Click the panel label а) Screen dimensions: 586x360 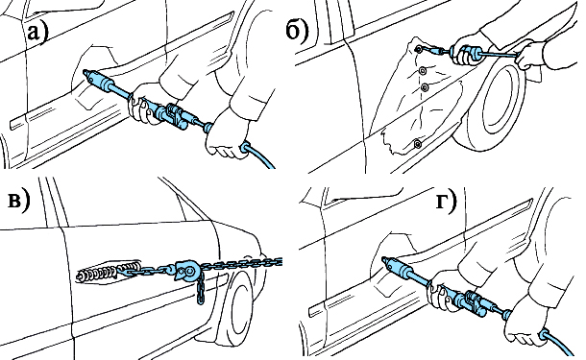[x=37, y=32]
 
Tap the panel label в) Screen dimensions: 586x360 [x=18, y=201]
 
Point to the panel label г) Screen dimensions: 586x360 [x=447, y=201]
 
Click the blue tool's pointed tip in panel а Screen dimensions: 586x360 [x=85, y=72]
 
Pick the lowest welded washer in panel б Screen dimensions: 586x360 [x=417, y=143]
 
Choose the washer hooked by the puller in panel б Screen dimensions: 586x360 [x=419, y=49]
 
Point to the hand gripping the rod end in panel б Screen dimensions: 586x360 [x=531, y=55]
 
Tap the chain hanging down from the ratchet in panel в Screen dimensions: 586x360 [x=200, y=288]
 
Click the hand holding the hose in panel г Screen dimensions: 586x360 [x=525, y=322]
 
